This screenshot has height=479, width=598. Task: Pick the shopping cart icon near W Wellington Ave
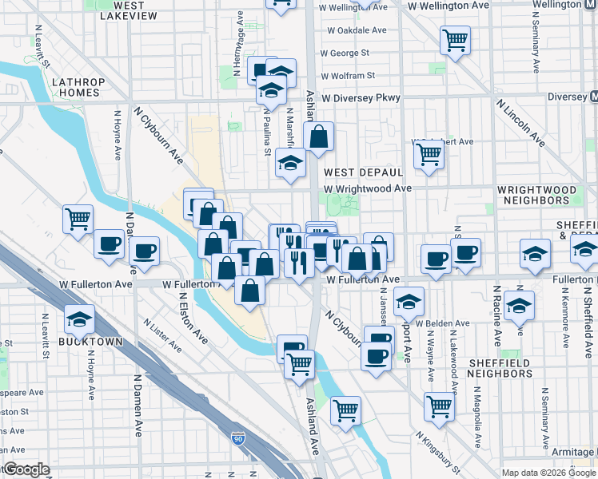tap(455, 38)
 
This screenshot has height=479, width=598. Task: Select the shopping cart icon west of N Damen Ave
tap(78, 218)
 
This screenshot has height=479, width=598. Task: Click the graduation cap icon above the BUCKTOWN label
tap(81, 320)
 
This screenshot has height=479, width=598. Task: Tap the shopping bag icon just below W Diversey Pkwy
tap(318, 137)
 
